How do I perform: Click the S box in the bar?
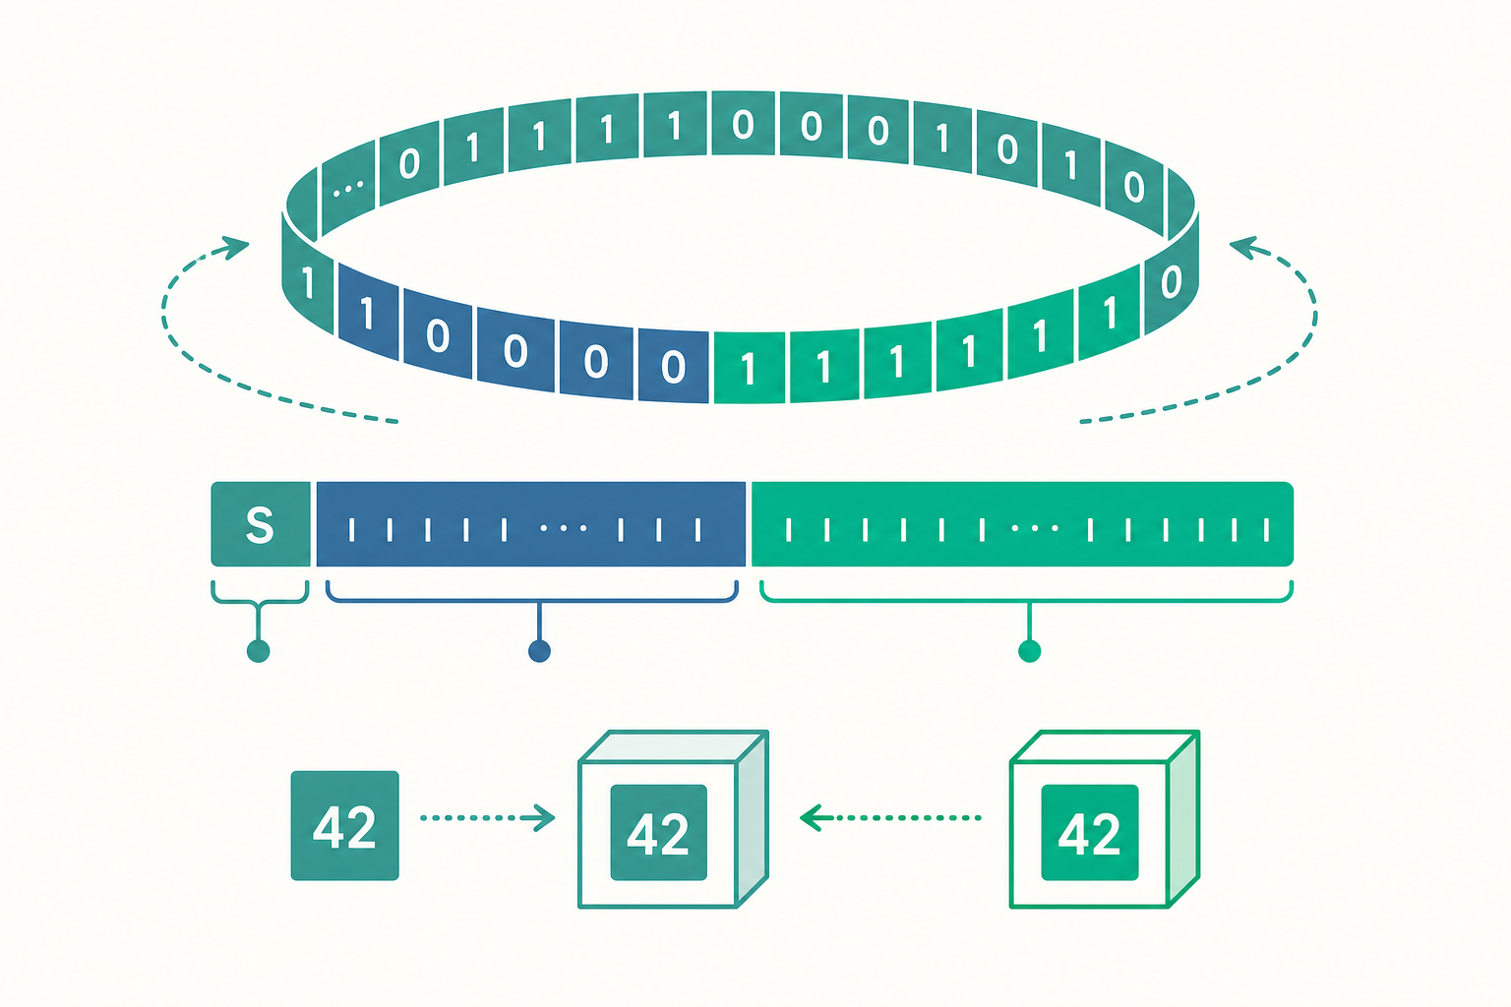pyautogui.click(x=261, y=524)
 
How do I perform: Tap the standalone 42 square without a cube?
pyautogui.click(x=344, y=826)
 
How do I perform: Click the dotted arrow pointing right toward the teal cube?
pyautogui.click(x=487, y=818)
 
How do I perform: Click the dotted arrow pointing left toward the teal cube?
pyautogui.click(x=890, y=818)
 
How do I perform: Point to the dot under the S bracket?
pyautogui.click(x=259, y=651)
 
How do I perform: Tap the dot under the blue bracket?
pyautogui.click(x=539, y=651)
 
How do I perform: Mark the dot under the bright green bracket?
pyautogui.click(x=1029, y=651)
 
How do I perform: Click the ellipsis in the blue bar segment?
pyautogui.click(x=564, y=528)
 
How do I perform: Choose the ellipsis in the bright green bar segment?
pyautogui.click(x=1035, y=528)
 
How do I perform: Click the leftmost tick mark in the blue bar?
pyautogui.click(x=351, y=529)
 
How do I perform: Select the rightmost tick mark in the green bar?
pyautogui.click(x=1266, y=529)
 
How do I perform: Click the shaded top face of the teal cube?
pyautogui.click(x=673, y=746)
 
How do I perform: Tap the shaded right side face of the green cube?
pyautogui.click(x=1183, y=819)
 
